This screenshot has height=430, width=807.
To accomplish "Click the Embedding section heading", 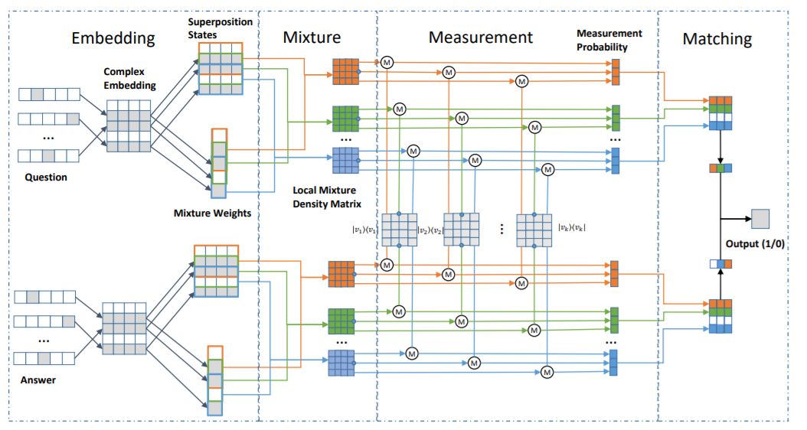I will [x=113, y=37].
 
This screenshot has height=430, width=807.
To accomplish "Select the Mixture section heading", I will [x=312, y=37].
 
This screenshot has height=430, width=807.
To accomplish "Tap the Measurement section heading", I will [x=480, y=37].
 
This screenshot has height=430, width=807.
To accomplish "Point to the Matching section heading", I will [x=717, y=39].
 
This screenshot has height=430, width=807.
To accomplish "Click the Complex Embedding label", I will [x=129, y=78].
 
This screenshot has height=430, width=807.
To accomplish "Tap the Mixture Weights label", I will [x=212, y=213].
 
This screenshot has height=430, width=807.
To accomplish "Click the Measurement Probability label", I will [x=611, y=41].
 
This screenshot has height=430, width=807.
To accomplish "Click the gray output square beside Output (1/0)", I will [x=761, y=220].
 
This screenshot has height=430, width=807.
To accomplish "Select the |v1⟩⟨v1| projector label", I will [x=365, y=226].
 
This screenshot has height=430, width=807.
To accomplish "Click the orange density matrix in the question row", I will [x=345, y=71].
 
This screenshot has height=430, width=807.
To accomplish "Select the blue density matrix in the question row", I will [x=345, y=160].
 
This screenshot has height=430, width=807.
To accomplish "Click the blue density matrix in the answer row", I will [x=341, y=362].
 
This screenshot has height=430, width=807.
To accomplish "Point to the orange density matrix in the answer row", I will [x=341, y=273].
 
